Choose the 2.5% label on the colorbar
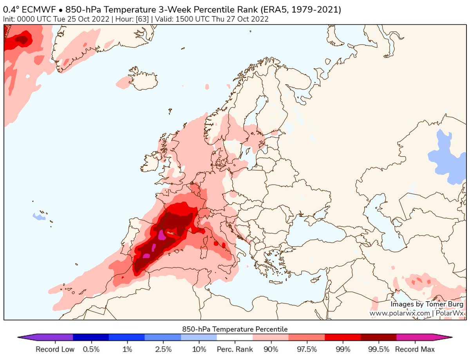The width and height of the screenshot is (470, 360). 163,349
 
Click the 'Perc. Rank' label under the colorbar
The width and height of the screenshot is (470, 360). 235,349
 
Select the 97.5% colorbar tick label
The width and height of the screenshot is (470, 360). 307,349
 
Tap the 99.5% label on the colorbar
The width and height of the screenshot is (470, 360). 379,349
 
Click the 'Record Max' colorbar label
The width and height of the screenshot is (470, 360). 415,349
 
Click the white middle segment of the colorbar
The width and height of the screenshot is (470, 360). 235,337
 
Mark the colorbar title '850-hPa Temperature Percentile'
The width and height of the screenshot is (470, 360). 235,329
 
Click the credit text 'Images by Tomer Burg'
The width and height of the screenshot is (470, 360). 427,304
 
